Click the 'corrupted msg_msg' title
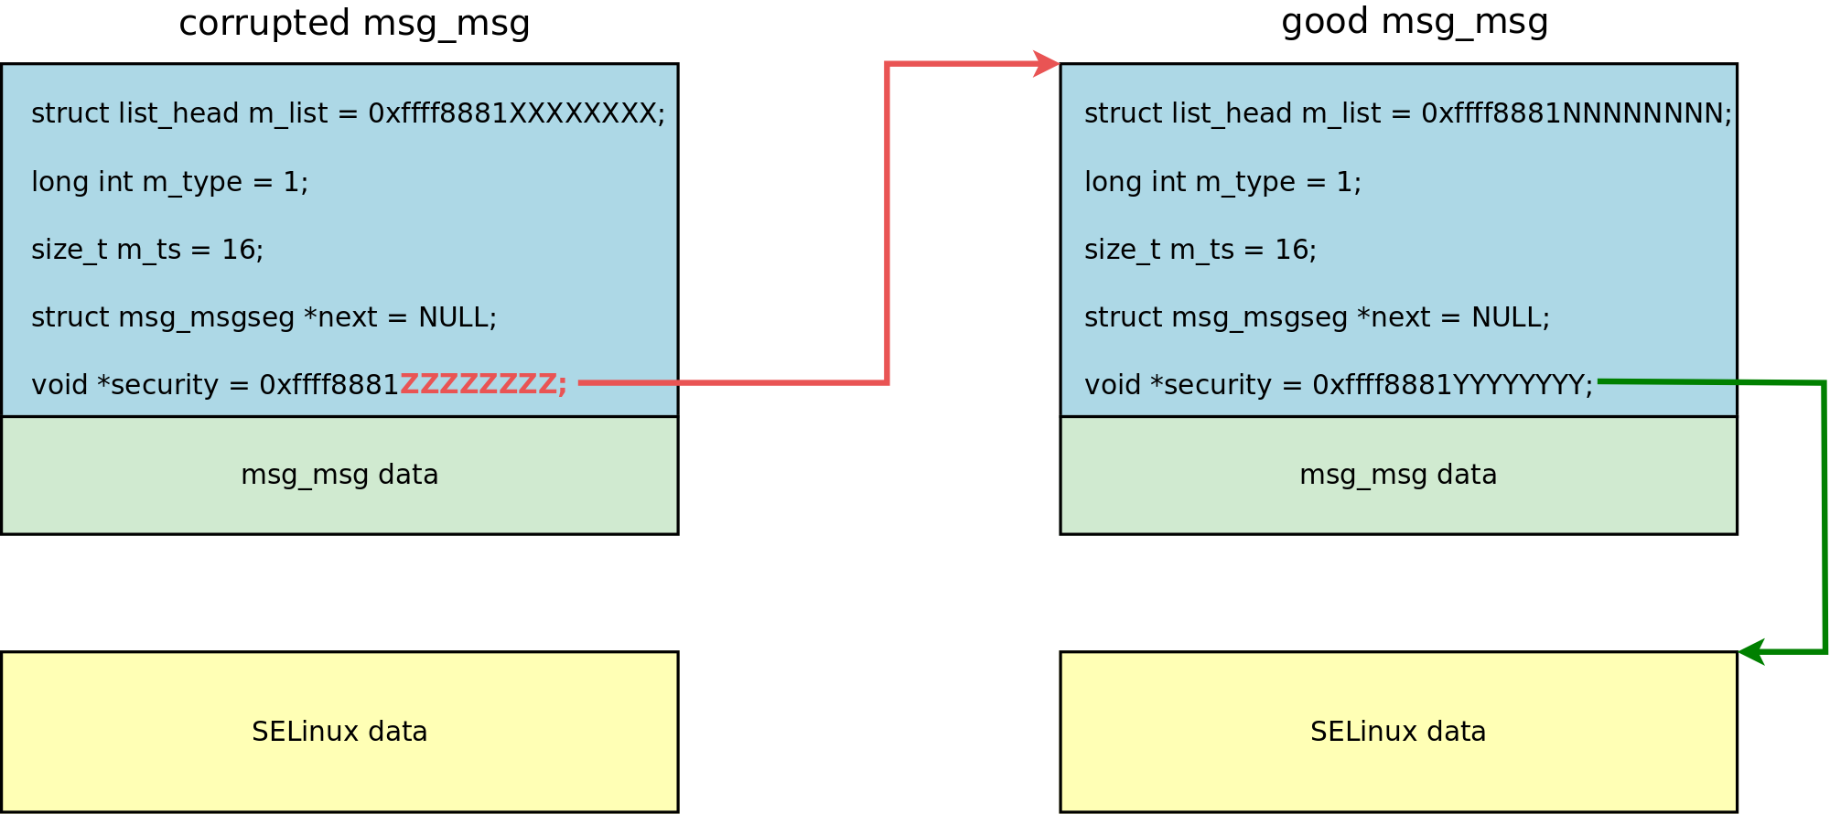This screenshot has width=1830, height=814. coord(354,24)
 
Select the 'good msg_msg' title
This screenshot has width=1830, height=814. coord(1415,22)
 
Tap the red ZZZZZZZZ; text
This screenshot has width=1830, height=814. coord(484,384)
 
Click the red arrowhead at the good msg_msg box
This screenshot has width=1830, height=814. coord(1047,64)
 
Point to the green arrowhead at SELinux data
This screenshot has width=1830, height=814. coord(1751,652)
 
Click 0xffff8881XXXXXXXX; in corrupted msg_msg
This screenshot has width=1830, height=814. coord(517,113)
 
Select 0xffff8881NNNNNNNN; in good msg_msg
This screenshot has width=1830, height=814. coord(1577,113)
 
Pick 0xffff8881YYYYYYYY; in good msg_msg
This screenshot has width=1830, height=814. coord(1453,385)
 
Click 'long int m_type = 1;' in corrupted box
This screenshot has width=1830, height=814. coord(170,182)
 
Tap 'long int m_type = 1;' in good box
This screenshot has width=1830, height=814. coord(1223,182)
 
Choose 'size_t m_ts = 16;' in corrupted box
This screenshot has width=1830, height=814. coord(147,250)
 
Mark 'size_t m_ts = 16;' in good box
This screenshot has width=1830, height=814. coord(1200,250)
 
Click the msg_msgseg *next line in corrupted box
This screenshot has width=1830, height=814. coord(264,317)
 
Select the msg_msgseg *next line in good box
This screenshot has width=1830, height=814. coord(1318,317)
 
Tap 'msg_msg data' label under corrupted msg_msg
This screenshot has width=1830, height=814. coord(339,475)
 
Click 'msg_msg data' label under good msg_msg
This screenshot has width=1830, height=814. coord(1398,475)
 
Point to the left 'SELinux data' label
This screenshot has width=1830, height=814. coord(339,732)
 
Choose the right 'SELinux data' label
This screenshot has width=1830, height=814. coord(1398,732)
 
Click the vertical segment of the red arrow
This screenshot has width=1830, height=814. coord(887,223)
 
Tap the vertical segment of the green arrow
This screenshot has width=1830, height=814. coord(1825,517)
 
